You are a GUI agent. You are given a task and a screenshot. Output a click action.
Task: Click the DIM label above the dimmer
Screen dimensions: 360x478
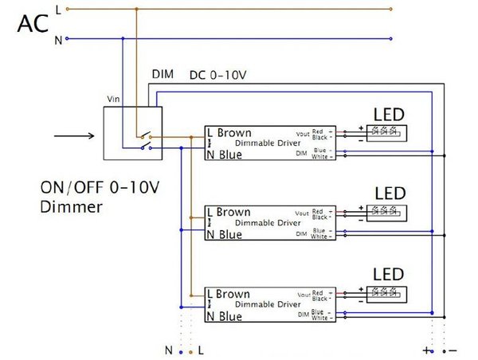point(163,74)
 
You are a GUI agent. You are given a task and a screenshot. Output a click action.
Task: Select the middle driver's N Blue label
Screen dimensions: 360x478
point(224,234)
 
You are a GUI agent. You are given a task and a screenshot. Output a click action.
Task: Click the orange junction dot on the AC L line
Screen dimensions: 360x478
point(136,10)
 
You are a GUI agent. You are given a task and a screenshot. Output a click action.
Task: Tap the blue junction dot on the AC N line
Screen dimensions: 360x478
point(122,37)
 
